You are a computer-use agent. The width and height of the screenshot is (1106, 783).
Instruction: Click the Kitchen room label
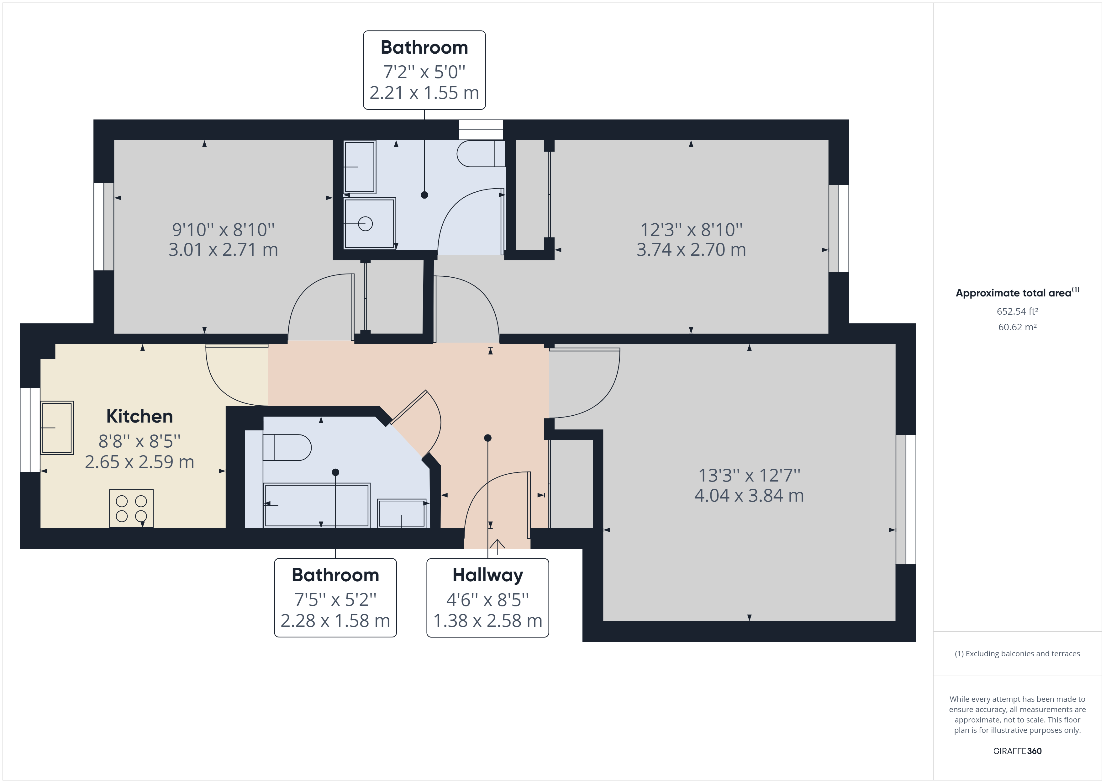[139, 416]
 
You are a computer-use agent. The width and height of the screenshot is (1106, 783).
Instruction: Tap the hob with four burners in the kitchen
[131, 508]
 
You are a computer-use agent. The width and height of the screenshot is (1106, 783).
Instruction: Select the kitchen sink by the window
[57, 428]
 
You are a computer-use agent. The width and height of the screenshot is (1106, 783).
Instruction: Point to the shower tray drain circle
[365, 224]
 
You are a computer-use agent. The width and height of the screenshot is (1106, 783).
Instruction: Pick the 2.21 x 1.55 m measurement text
[424, 93]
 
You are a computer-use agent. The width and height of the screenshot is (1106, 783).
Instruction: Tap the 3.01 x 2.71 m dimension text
[223, 250]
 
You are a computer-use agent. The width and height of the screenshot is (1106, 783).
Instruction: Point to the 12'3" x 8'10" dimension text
[691, 230]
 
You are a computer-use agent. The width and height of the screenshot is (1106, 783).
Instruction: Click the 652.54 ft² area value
[1017, 312]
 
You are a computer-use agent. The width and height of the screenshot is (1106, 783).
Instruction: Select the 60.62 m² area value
[1017, 327]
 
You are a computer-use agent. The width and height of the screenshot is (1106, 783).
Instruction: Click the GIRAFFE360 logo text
[1017, 751]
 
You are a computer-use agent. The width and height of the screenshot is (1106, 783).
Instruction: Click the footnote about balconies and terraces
[1017, 653]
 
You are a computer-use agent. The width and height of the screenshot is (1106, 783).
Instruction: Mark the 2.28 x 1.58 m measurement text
[335, 621]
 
